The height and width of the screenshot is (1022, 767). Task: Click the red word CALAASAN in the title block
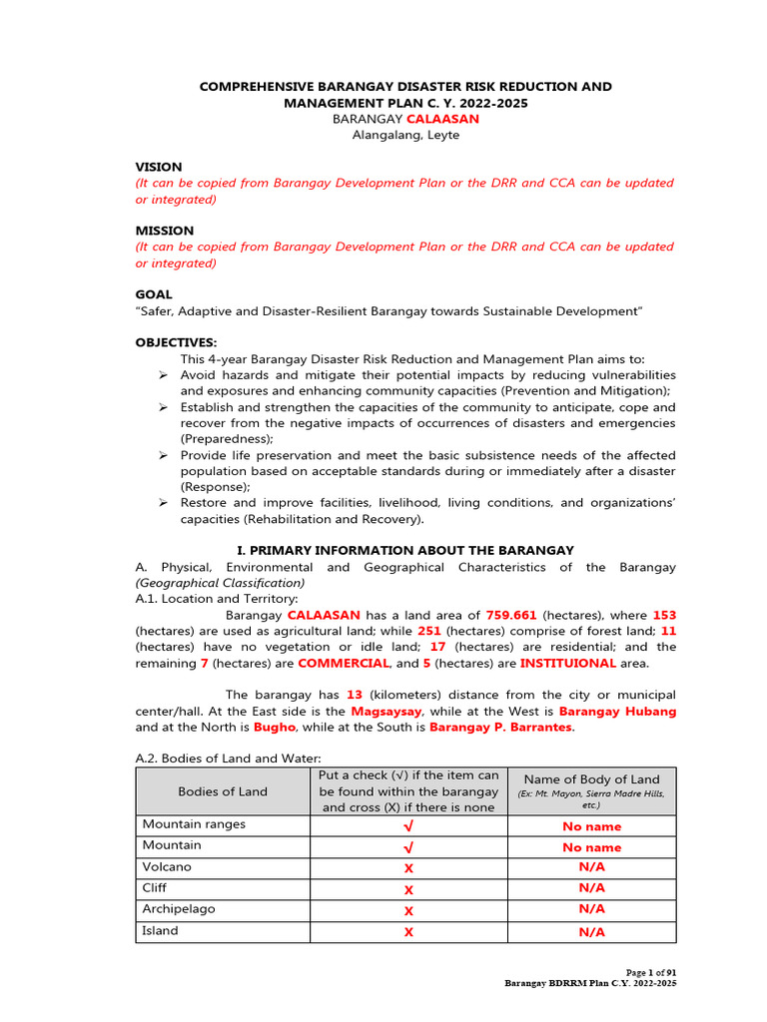(x=440, y=119)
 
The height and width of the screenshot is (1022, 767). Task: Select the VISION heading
(x=159, y=167)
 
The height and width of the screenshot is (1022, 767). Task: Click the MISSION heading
(x=165, y=231)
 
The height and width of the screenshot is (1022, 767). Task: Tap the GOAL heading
(x=154, y=294)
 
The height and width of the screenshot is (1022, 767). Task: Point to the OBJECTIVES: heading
(x=176, y=342)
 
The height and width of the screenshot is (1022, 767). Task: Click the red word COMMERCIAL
(x=343, y=663)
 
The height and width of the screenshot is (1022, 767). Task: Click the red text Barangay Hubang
(x=617, y=712)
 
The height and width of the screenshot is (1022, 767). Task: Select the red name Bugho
(x=275, y=728)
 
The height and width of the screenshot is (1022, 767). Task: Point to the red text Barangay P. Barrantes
(x=501, y=728)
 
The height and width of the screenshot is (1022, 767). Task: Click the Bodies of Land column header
(x=223, y=791)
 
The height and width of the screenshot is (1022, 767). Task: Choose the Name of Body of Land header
(x=591, y=779)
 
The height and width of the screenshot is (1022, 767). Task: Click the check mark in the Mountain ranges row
(x=408, y=826)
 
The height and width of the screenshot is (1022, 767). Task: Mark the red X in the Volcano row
(x=408, y=868)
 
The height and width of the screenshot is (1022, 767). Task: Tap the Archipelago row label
(x=179, y=909)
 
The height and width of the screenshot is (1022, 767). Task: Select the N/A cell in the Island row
(x=591, y=932)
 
